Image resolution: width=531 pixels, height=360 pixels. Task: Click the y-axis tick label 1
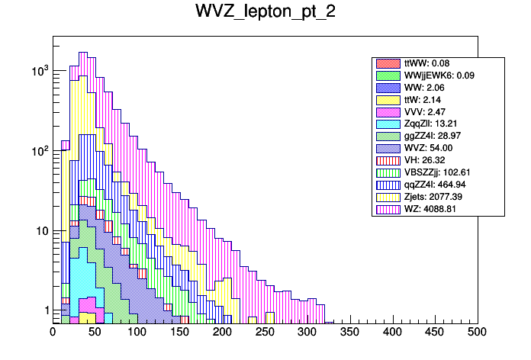click(43, 310)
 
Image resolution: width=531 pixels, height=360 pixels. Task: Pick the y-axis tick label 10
click(40, 231)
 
